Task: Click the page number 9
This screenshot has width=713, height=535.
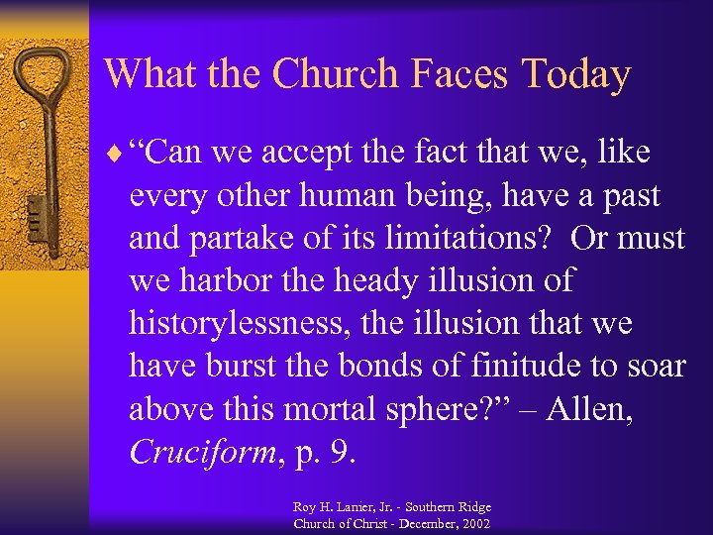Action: (342, 453)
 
